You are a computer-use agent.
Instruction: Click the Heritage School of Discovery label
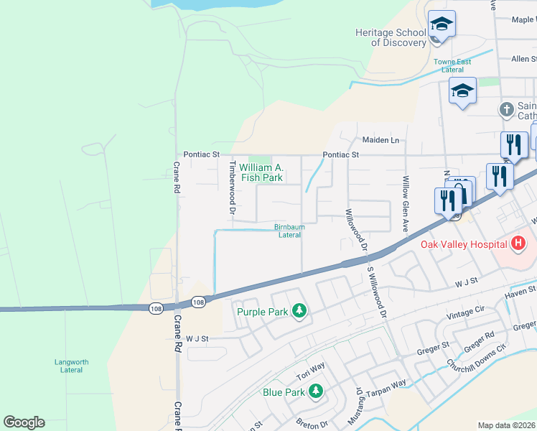(x=391, y=37)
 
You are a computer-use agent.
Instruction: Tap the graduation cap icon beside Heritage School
(x=442, y=26)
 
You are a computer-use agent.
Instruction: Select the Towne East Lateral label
(x=452, y=65)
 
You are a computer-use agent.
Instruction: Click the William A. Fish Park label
(x=266, y=172)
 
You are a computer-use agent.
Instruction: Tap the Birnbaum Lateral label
(x=289, y=231)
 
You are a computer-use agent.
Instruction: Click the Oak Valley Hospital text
(x=464, y=244)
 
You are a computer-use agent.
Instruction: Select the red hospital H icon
(x=518, y=244)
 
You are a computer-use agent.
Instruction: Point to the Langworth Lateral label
(x=69, y=366)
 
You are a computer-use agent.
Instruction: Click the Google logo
(x=24, y=422)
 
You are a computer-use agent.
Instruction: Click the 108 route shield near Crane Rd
(x=156, y=308)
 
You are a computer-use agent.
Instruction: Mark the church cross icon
(x=506, y=110)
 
